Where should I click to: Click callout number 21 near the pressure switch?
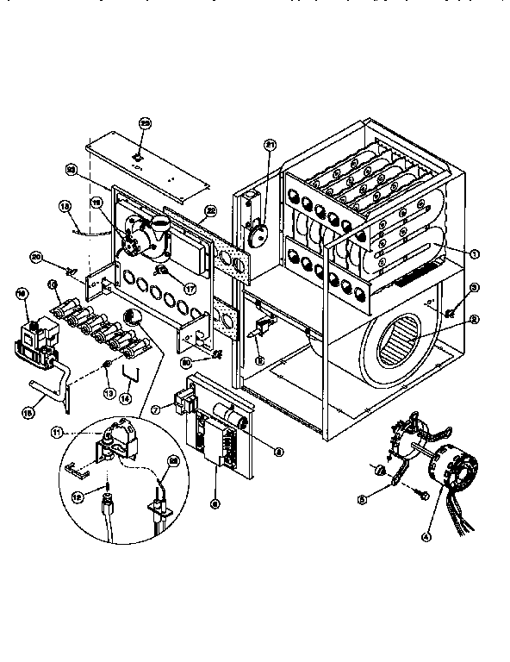(x=269, y=145)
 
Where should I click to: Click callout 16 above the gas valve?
(x=22, y=294)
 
